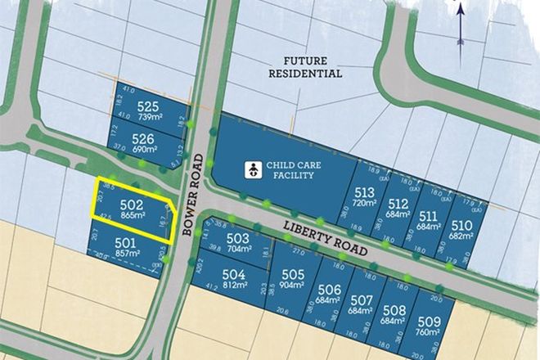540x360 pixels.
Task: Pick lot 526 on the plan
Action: [x=144, y=143]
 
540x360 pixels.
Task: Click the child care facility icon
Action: [x=254, y=170]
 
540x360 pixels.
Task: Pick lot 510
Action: [x=461, y=230]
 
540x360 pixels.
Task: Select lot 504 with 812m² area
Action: [x=233, y=279]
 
